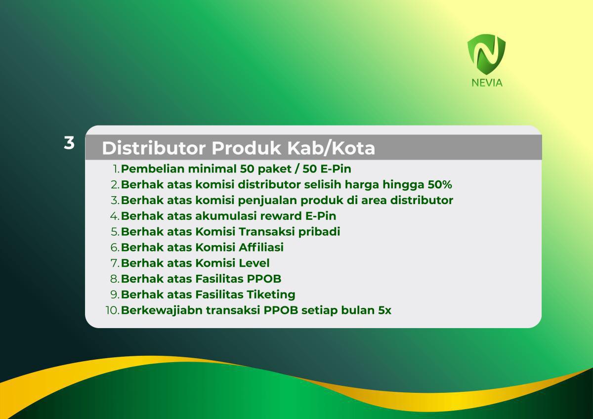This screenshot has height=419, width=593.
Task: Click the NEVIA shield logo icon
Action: click(487, 54)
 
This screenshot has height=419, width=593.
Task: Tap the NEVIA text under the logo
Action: click(487, 83)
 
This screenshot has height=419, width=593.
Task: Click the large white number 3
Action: click(69, 143)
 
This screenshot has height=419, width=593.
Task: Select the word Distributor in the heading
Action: click(154, 148)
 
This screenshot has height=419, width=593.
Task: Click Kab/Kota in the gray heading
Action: click(331, 148)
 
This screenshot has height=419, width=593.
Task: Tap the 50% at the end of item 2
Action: click(440, 184)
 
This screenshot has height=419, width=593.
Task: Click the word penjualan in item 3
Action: click(267, 201)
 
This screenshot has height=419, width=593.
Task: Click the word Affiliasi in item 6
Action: click(261, 247)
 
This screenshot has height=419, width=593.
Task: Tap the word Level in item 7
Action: click(254, 263)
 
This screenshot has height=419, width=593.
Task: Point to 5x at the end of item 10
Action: click(384, 310)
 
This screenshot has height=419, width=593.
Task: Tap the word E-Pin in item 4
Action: click(321, 216)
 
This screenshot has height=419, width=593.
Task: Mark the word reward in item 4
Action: click(281, 216)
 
